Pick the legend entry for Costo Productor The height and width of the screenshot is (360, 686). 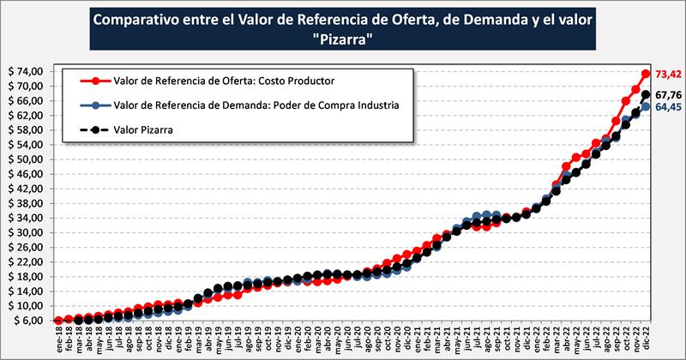[223, 81]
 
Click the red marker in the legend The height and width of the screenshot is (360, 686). [94, 81]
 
